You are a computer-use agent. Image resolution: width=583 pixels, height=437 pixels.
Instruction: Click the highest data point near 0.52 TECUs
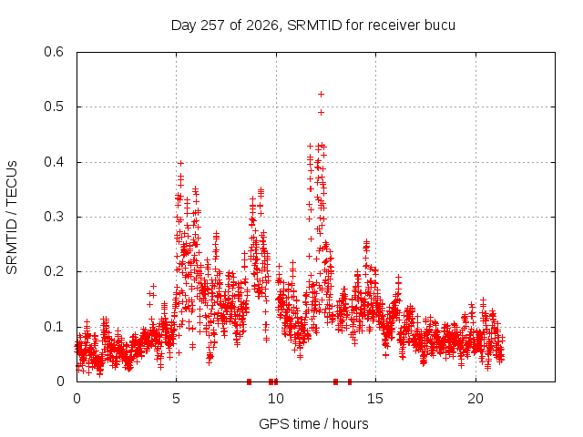point(321,95)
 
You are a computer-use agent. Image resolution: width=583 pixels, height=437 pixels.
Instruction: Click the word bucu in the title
point(439,25)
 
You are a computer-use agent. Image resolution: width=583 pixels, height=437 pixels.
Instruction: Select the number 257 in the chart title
point(212,25)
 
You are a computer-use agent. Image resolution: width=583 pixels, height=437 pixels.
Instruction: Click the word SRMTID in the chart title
point(314,25)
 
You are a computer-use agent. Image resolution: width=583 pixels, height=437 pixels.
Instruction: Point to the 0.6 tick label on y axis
point(54,52)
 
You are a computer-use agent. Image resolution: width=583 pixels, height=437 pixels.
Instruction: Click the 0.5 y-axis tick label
point(54,107)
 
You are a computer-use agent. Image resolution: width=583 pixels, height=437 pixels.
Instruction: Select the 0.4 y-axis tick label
point(54,162)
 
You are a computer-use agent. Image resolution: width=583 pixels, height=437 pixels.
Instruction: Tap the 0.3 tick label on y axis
point(54,217)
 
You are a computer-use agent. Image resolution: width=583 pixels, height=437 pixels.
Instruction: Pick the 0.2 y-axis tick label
point(54,271)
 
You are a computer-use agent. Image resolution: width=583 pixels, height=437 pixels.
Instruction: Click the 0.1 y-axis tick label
point(54,327)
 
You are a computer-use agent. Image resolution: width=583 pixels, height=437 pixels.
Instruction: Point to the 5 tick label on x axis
point(176,399)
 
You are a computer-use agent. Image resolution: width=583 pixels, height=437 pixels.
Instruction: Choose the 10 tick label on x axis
point(275,399)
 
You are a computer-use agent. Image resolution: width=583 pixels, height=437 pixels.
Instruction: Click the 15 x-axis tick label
point(375,399)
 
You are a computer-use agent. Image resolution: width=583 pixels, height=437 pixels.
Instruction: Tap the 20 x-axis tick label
point(476,399)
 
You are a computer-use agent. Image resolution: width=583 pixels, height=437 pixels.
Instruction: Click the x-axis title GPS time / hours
point(313,423)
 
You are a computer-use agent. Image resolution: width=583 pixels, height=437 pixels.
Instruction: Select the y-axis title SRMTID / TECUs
point(12,218)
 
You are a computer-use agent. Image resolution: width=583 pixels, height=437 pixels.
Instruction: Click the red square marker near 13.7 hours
point(350,381)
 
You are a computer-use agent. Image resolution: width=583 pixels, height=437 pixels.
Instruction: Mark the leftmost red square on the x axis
point(249,381)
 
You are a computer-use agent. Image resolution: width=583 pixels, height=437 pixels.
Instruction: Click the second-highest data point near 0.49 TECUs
point(321,112)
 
